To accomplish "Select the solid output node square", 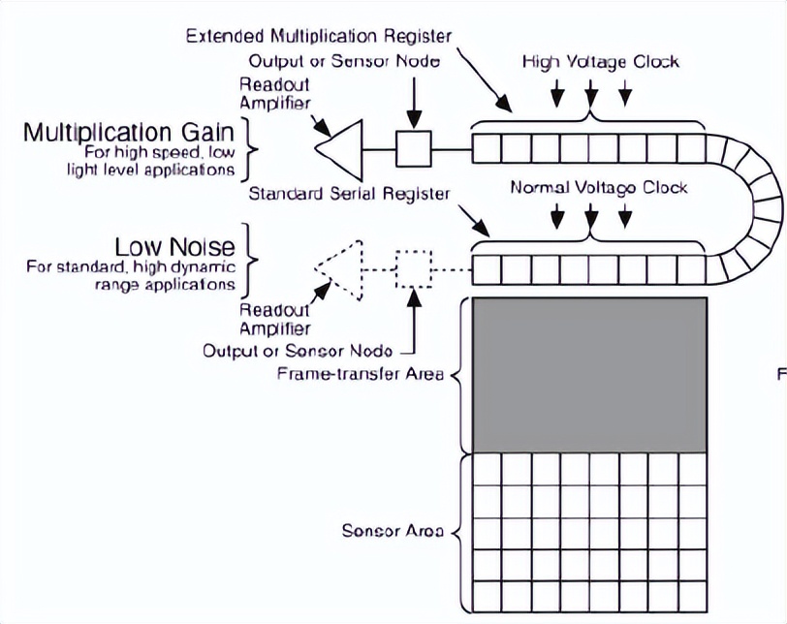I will click(415, 148).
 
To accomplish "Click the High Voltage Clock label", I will click(601, 62).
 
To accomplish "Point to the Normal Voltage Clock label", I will click(598, 186).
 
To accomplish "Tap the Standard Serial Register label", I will click(349, 194).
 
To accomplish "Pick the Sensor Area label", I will click(393, 531).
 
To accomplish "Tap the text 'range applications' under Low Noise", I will click(171, 285).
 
